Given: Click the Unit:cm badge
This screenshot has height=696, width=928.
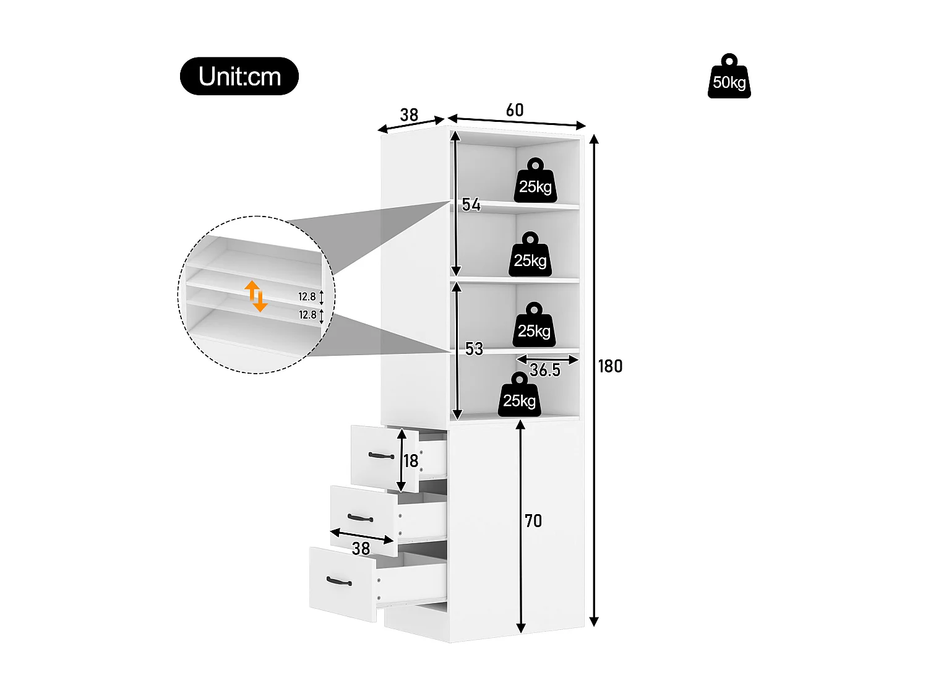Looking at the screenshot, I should (239, 76).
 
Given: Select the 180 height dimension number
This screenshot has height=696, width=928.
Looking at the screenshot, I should (610, 366).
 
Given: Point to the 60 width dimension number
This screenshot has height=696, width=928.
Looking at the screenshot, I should (515, 110).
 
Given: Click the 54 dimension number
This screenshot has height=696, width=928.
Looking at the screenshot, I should (471, 205).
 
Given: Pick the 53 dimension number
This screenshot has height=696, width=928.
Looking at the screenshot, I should (474, 349).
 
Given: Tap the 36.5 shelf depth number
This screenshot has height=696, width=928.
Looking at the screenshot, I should (544, 370).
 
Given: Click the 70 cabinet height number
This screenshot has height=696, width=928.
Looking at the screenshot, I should (533, 521).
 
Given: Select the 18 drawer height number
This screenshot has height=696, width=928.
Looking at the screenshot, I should (411, 461).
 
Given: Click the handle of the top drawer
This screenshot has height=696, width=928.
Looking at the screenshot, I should (381, 456).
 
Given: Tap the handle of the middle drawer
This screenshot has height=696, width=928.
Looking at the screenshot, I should (360, 518).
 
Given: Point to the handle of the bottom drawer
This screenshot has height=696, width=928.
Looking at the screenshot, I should (338, 581).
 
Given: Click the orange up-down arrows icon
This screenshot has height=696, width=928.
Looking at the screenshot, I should (256, 296).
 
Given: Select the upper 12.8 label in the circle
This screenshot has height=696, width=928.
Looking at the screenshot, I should (307, 297).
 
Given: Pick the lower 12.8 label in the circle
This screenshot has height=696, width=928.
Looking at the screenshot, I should (307, 315).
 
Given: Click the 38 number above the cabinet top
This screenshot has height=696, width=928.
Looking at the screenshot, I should (409, 115).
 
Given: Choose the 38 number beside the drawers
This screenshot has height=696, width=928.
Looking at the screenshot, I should (361, 548).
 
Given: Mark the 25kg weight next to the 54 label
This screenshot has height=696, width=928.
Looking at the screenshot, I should (530, 255).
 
